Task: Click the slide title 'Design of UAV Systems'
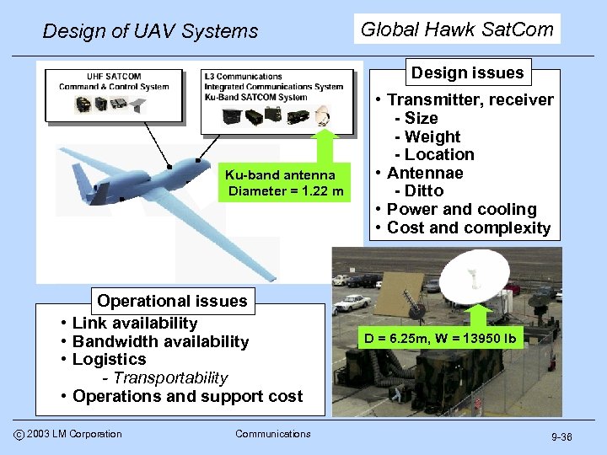click(150, 31)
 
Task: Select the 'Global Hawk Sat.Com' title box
click(457, 29)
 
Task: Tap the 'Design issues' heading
click(467, 72)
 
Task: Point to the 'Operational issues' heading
click(172, 301)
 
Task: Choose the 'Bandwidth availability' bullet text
click(160, 341)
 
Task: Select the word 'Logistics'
click(110, 359)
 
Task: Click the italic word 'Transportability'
click(171, 377)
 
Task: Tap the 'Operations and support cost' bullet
click(187, 396)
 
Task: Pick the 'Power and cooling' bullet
click(461, 209)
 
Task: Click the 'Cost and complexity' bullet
click(469, 227)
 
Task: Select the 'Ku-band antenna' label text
click(280, 175)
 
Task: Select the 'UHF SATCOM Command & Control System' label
click(114, 81)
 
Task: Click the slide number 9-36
click(561, 436)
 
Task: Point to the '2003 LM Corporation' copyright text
click(74, 434)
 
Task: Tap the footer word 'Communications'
click(272, 434)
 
